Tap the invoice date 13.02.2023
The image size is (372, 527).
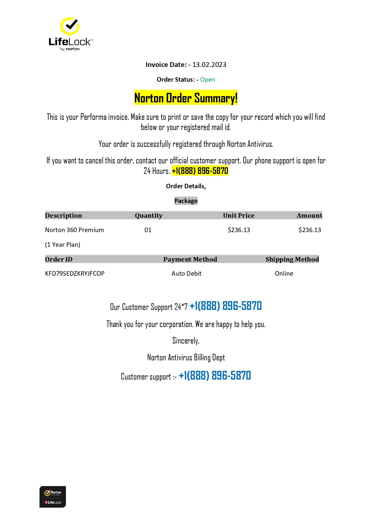(x=209, y=65)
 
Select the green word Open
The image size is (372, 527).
(x=207, y=80)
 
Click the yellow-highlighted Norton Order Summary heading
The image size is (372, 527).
(x=186, y=98)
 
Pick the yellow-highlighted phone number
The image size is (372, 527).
(x=200, y=171)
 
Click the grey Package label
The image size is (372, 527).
(x=186, y=201)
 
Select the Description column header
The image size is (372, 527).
(x=64, y=216)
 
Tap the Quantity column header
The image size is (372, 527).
(x=148, y=216)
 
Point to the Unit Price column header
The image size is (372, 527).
(x=239, y=216)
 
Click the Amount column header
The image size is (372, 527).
(x=309, y=216)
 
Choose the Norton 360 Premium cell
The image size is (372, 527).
(x=74, y=230)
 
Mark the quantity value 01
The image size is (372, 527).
(x=148, y=230)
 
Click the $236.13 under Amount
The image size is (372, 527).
(x=310, y=230)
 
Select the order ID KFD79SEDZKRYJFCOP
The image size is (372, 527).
(x=75, y=274)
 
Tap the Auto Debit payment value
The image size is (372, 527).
(x=186, y=274)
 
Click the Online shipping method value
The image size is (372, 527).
(x=284, y=274)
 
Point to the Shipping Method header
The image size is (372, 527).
(x=292, y=259)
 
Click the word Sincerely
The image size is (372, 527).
(x=186, y=341)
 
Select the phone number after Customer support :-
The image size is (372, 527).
(x=215, y=376)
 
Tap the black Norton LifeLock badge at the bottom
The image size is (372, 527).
(x=53, y=497)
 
